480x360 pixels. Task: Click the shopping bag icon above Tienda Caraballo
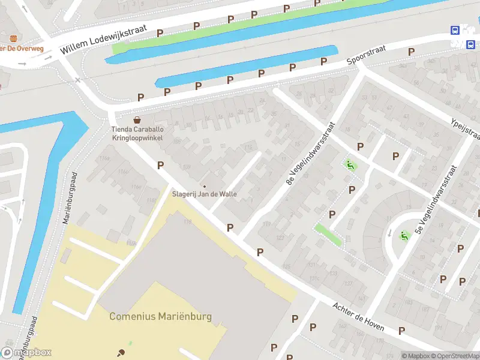tap(137, 119)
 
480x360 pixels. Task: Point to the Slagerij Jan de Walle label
tap(205, 194)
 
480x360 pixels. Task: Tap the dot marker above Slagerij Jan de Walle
tap(204, 185)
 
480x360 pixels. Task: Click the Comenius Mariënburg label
tap(160, 316)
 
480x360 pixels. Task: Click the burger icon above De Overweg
tap(13, 38)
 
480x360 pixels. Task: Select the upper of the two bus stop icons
tap(456, 31)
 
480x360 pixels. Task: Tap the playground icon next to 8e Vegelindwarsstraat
tap(349, 164)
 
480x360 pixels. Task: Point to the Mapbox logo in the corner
tap(27, 352)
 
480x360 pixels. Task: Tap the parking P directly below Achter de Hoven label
tap(401, 331)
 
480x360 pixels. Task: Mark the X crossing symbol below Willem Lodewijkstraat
tap(78, 79)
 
